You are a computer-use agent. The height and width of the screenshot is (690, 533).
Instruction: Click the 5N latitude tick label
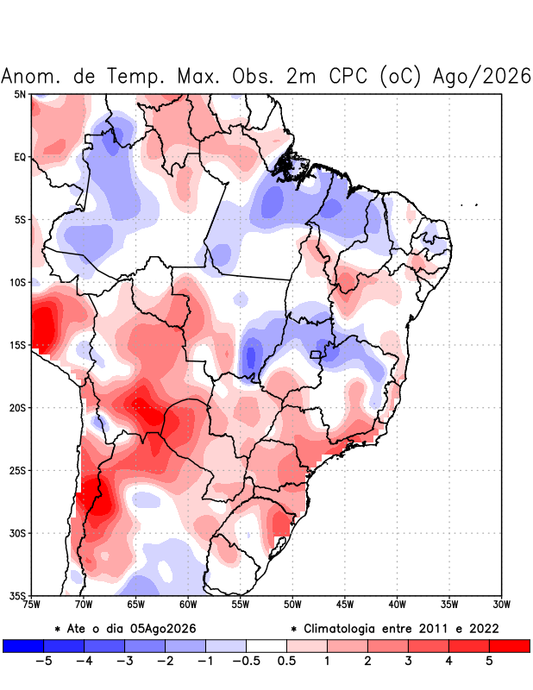pos(20,94)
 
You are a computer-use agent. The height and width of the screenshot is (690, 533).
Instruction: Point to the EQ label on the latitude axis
pos(20,157)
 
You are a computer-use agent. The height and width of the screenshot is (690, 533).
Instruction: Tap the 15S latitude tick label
pos(17,346)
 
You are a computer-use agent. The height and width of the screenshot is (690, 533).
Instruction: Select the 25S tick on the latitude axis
pos(17,471)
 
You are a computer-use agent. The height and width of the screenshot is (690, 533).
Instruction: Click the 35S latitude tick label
pos(17,596)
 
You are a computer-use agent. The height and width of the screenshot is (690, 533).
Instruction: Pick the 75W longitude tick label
pos(32,605)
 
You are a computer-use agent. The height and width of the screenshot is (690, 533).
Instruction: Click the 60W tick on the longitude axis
pos(188,605)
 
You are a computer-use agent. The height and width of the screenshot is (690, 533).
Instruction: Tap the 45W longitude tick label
pos(345,605)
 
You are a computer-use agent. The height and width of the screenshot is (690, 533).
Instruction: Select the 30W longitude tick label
pos(502,605)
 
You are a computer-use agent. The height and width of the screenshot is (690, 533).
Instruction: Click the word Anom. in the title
pos(30,77)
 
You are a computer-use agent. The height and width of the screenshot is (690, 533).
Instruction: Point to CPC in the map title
pos(348,76)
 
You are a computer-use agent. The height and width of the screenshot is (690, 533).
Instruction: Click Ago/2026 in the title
pos(482,76)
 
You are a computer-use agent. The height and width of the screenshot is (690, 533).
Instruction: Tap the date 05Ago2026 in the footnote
pos(163,629)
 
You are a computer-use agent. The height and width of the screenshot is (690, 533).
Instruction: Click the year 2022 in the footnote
pos(484,629)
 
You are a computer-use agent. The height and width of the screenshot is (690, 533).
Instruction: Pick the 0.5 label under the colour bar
pos(286,661)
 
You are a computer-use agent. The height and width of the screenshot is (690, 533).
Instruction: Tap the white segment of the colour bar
pos(266,645)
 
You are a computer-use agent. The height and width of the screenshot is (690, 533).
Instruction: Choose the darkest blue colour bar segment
pos(23,645)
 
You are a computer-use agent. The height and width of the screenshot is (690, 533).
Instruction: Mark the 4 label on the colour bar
pos(449,661)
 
